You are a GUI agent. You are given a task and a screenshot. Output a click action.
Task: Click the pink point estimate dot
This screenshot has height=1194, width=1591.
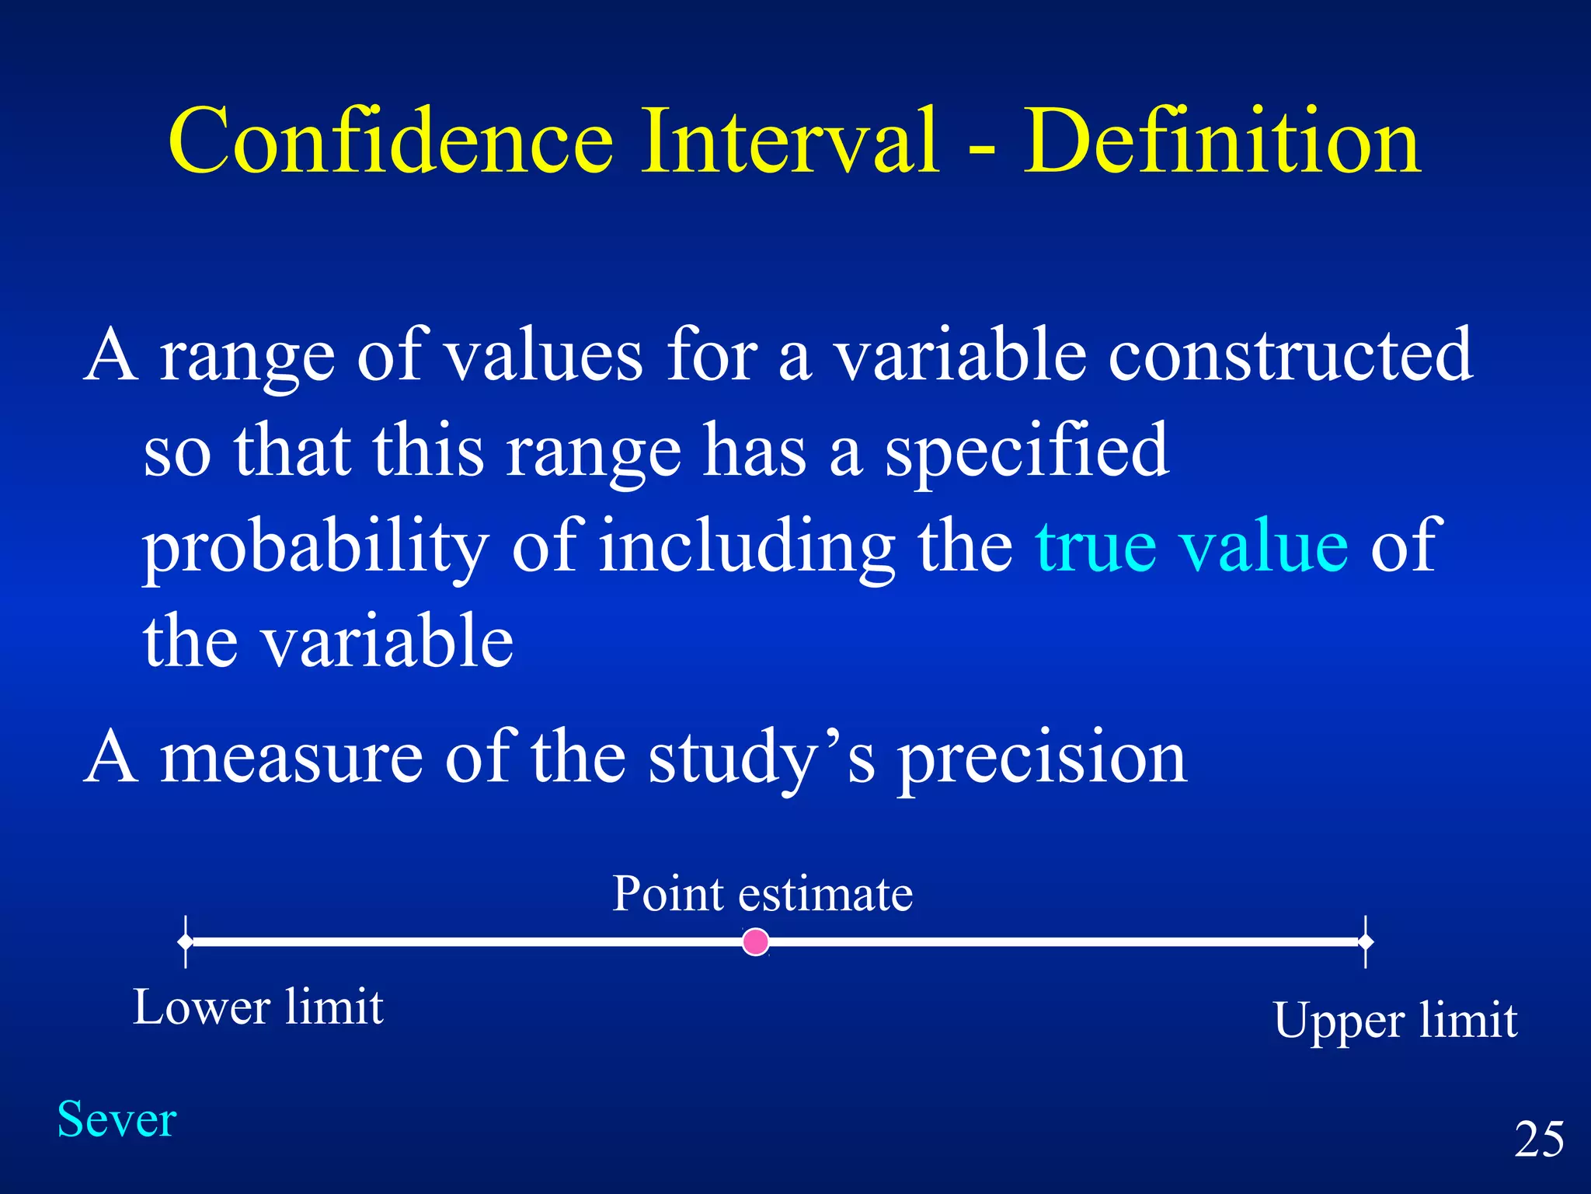click(x=755, y=942)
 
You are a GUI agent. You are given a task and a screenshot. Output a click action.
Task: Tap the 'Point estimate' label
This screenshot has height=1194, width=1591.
click(x=762, y=894)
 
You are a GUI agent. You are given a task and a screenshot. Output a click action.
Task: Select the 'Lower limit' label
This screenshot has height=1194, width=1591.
click(x=258, y=1007)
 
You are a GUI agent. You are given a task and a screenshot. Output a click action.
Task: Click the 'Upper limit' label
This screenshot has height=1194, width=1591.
click(x=1395, y=1021)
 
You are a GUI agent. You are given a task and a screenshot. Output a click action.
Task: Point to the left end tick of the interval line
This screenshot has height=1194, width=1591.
click(x=186, y=942)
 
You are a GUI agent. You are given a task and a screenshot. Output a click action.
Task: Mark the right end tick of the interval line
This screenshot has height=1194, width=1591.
click(x=1366, y=942)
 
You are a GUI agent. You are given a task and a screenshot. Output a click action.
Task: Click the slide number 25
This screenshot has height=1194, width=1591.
click(x=1539, y=1140)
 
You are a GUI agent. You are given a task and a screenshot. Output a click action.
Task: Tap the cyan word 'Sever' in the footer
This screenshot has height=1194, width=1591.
click(x=117, y=1120)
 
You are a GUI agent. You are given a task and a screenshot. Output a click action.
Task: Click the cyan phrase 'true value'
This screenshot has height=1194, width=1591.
click(x=1192, y=546)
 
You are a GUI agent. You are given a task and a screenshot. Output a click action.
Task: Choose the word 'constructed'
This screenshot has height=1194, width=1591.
click(x=1290, y=355)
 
